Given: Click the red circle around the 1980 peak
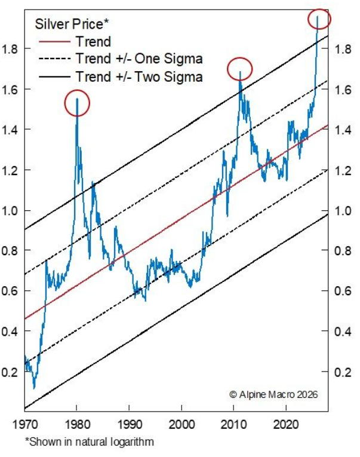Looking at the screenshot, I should pyautogui.click(x=76, y=103).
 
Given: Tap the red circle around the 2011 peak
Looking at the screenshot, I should pyautogui.click(x=240, y=69).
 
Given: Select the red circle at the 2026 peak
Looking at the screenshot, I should pyautogui.click(x=318, y=19).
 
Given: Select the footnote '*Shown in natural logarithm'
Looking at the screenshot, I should pyautogui.click(x=89, y=442).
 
